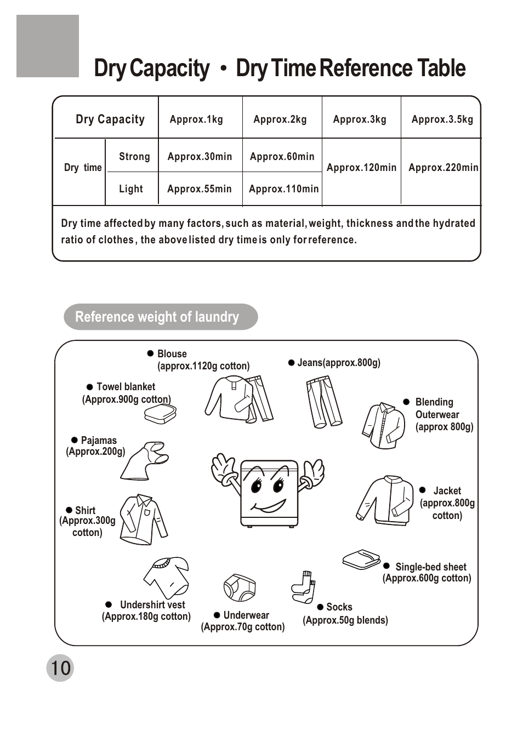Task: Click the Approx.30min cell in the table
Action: [x=200, y=157]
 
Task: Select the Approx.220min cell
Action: [x=443, y=168]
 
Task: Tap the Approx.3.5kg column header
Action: [x=442, y=119]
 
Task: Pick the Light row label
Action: [x=131, y=189]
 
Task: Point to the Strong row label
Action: [x=134, y=157]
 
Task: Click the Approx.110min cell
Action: [x=283, y=189]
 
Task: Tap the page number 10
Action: [x=60, y=668]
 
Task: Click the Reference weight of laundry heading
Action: [x=157, y=317]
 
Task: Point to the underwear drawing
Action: [x=240, y=588]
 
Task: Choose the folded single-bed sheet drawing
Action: [x=361, y=560]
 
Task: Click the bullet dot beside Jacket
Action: [x=422, y=490]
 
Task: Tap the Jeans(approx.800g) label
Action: [x=338, y=363]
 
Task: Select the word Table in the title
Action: [x=441, y=69]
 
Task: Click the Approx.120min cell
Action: [x=361, y=168]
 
